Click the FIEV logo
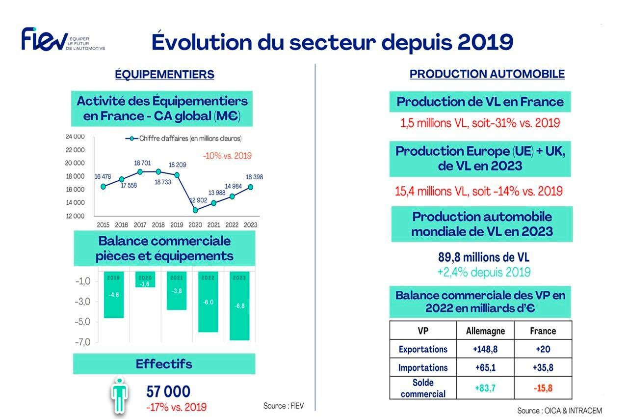[x=62, y=39]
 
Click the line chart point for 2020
[x=195, y=210]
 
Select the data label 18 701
[x=142, y=163]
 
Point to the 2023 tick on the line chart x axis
[x=250, y=225]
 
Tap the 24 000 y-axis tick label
[x=75, y=137]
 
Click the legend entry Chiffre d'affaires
[x=184, y=139]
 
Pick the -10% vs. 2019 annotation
[x=227, y=156]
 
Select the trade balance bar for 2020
[x=145, y=279]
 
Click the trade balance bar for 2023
[x=239, y=306]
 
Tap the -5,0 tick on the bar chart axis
[x=82, y=322]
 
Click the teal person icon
[x=118, y=395]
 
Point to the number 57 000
[x=168, y=391]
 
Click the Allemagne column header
[x=485, y=331]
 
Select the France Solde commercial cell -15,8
[x=543, y=388]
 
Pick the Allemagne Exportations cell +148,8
[x=485, y=349]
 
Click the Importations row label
[x=422, y=367]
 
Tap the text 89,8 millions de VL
[x=483, y=257]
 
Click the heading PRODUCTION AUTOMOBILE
[x=487, y=74]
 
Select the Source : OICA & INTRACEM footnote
[x=559, y=410]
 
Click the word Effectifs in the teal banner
[x=164, y=364]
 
